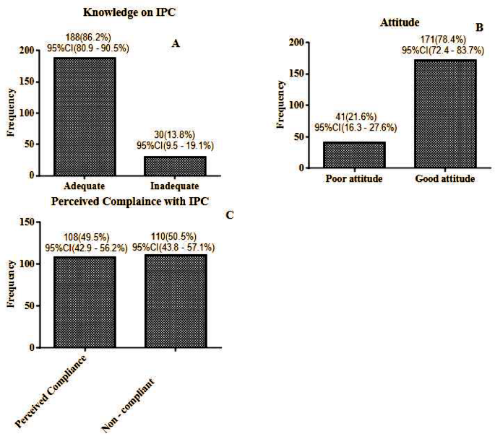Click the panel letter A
pos(175,43)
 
